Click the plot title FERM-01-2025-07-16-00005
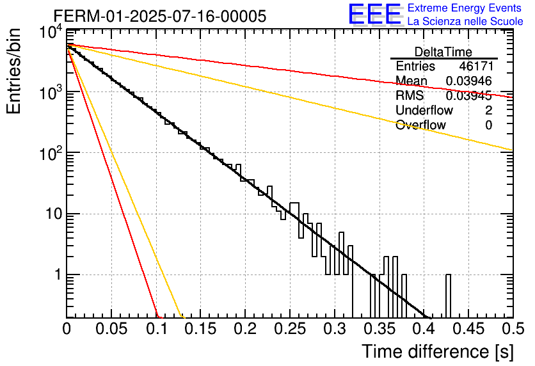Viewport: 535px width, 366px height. tap(160, 16)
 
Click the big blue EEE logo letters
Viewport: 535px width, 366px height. tap(375, 14)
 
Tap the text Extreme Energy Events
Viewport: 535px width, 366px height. tap(465, 8)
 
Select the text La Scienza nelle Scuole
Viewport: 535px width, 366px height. tap(465, 21)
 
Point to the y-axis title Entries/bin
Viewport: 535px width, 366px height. tap(13, 71)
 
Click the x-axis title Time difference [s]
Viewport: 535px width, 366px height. tap(438, 352)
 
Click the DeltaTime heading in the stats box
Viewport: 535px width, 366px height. tap(443, 52)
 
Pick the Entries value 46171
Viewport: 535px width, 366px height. tap(475, 66)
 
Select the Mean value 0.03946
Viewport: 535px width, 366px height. tap(469, 81)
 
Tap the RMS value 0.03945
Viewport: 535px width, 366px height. tap(469, 95)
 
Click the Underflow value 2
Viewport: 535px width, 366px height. tap(488, 110)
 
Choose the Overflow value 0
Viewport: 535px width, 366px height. tap(488, 125)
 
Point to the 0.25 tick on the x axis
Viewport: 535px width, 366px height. tap(290, 329)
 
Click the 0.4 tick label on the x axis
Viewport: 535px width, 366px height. tap(424, 329)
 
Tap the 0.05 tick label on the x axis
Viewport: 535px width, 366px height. tap(111, 329)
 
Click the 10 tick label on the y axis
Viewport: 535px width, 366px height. tap(54, 214)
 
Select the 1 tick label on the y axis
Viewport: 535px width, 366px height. tap(58, 274)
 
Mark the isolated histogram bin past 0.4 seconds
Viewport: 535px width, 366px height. tap(448, 296)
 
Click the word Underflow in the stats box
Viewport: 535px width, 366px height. tap(424, 110)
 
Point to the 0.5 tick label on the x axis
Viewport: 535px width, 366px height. tap(513, 329)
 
